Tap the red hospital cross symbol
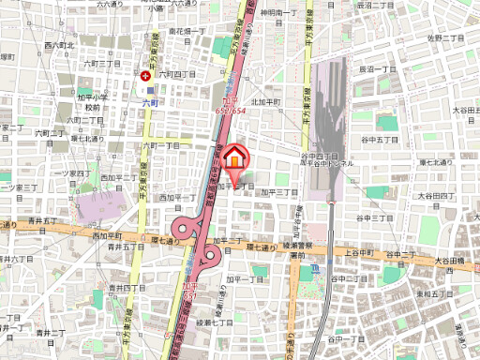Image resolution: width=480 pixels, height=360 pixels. pos(145,77)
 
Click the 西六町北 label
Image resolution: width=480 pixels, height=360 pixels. pos(59,45)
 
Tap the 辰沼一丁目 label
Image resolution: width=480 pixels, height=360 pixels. pos(379,69)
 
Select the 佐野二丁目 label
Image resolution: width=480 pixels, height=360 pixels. pos(446,38)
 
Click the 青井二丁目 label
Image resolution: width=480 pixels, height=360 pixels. pos(50,332)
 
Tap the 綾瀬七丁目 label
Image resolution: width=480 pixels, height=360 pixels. pos(215,322)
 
